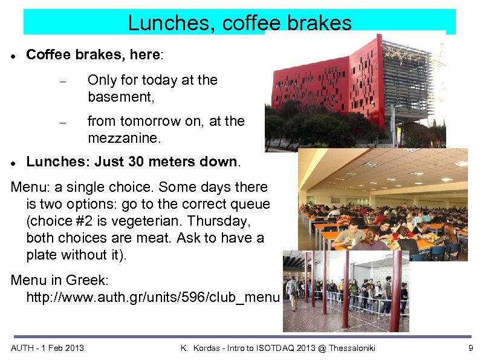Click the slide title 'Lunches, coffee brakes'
(x=239, y=23)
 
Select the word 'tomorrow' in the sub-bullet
(x=151, y=121)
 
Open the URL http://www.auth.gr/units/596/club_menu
(x=153, y=298)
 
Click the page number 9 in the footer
(x=470, y=348)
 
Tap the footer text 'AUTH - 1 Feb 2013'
(x=48, y=348)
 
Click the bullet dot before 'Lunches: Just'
(x=13, y=163)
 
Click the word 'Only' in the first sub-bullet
(x=101, y=80)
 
